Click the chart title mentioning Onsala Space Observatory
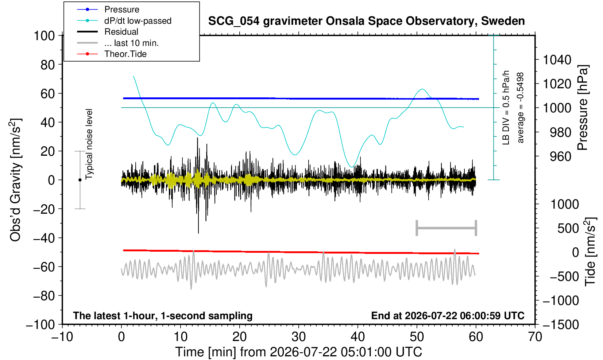(366, 21)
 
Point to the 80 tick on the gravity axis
(47, 65)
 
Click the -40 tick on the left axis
(44, 238)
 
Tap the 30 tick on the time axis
(298, 337)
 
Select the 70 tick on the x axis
(535, 337)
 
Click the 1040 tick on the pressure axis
(557, 60)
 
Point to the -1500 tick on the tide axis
(560, 325)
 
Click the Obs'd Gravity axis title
(16, 180)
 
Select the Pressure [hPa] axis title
(583, 108)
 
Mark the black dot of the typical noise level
(80, 180)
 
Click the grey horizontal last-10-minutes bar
(447, 228)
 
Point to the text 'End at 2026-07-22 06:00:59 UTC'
(448, 316)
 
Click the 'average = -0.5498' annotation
(520, 108)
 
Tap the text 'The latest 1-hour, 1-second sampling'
(163, 316)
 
